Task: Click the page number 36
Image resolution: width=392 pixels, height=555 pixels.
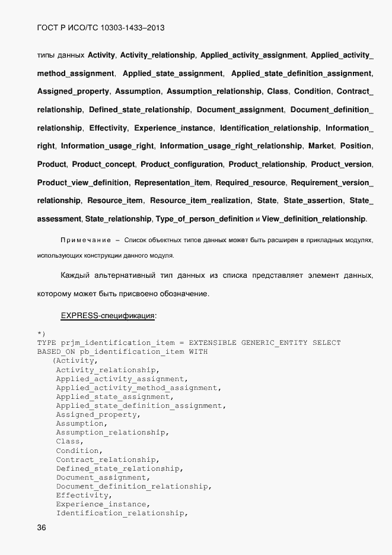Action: pos(42,528)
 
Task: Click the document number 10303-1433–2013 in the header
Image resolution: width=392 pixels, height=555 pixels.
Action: pos(129,27)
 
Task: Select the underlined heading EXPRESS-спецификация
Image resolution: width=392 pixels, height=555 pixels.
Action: pos(108,316)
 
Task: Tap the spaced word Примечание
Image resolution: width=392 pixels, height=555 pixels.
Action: pos(86,240)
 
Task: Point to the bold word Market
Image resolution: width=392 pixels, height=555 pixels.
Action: pos(321,146)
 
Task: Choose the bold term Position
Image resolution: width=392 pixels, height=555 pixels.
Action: pos(356,146)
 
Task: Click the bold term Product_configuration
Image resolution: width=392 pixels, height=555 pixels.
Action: pos(181,164)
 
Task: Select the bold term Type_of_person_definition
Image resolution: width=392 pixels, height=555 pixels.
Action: pos(205,219)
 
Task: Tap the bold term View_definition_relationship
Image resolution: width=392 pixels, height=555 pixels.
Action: pos(314,219)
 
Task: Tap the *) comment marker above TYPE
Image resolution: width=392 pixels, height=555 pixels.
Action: pos(41,334)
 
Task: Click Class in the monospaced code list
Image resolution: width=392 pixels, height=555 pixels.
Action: pos(69,441)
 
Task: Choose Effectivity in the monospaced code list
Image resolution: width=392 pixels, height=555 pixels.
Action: pos(83,495)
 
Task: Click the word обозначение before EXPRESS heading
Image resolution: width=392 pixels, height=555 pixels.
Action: pos(178,294)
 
